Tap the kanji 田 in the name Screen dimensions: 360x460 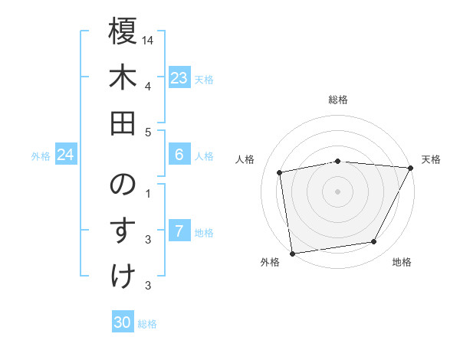click(123, 123)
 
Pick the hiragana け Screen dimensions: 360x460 click(123, 277)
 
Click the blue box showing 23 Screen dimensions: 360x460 click(179, 78)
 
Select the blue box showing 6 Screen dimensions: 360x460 click(179, 155)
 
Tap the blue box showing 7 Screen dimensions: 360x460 click(179, 231)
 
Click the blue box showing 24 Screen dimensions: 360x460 click(65, 155)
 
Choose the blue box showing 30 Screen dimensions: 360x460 click(123, 322)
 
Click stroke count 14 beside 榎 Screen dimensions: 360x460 click(148, 40)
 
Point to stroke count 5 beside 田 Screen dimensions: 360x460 click(148, 132)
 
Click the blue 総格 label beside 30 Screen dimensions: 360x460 click(147, 324)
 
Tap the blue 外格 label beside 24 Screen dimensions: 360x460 click(41, 156)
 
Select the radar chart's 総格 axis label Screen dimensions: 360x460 click(338, 100)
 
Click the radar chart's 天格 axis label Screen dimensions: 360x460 click(431, 159)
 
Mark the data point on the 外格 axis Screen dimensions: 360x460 click(292, 253)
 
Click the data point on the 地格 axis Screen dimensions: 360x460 click(374, 242)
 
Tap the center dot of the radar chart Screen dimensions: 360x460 click(337, 191)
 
